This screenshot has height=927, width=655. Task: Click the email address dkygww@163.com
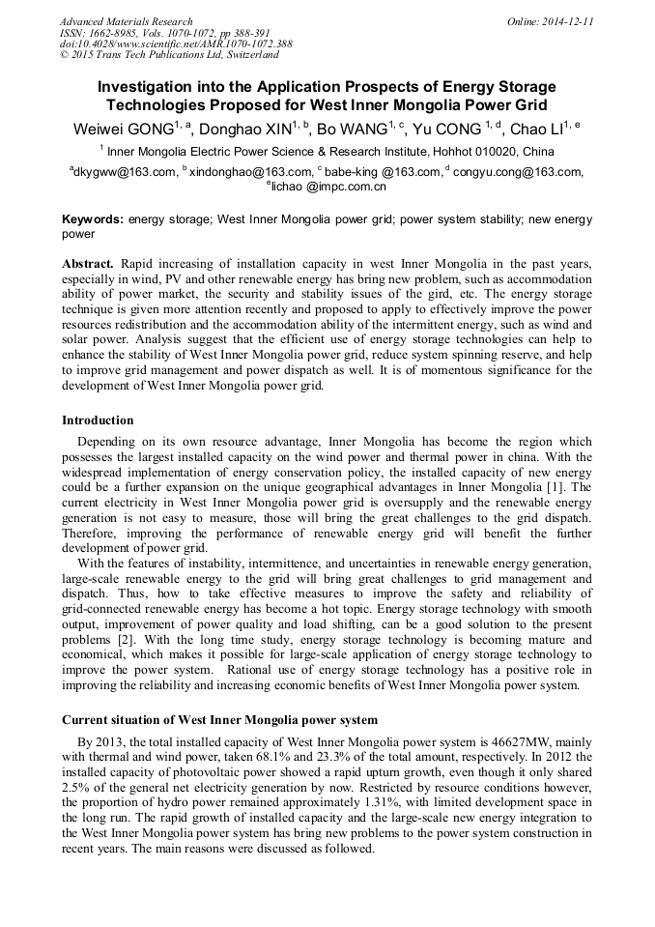tap(125, 173)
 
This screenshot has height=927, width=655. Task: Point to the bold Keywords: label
tap(93, 219)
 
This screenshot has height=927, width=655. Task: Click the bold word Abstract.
tap(88, 264)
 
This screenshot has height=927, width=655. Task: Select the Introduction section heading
tap(98, 420)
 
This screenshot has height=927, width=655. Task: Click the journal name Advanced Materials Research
tap(126, 21)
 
